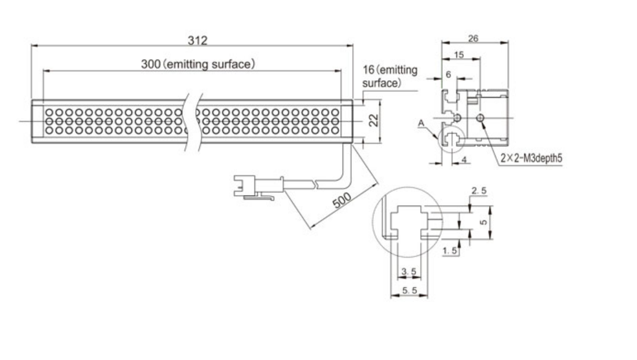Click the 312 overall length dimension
[x=198, y=40]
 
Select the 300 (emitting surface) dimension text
[x=198, y=64]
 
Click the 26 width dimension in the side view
[x=473, y=38]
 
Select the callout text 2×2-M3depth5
[x=531, y=157]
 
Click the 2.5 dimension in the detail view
[x=479, y=192]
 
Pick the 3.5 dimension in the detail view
[x=407, y=271]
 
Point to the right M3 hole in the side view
[x=482, y=116]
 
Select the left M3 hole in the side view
[x=456, y=116]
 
